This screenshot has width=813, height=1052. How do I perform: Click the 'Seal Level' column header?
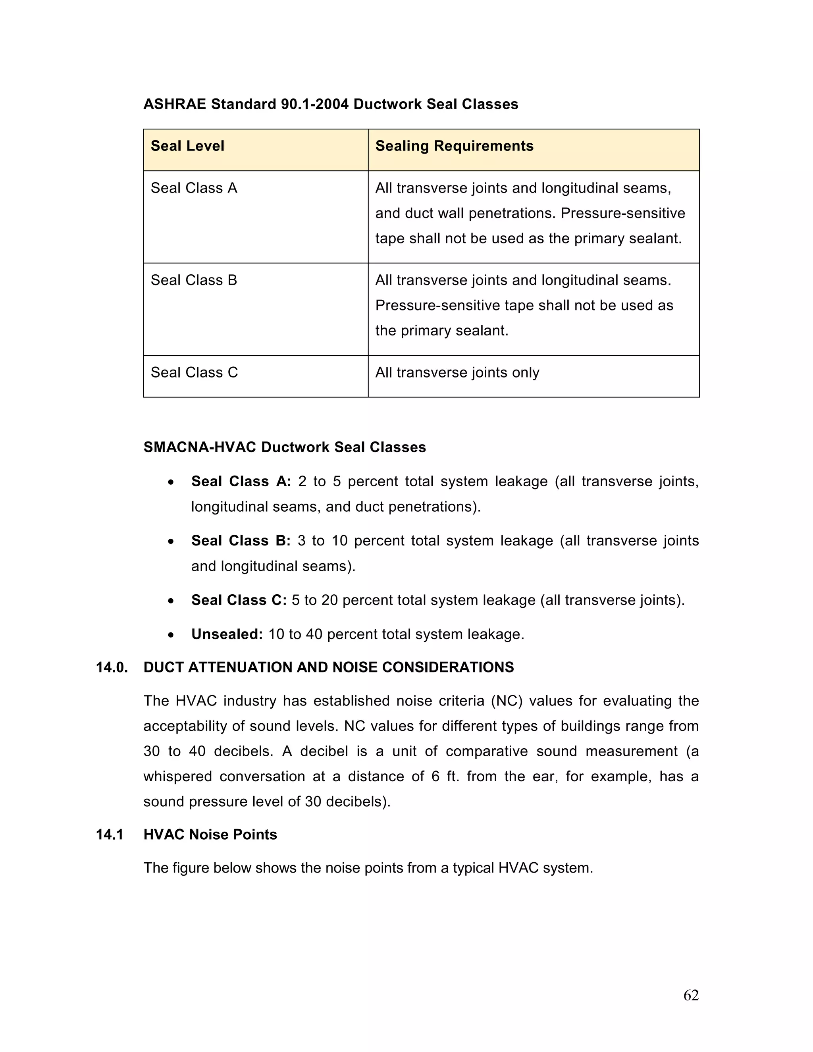click(x=187, y=146)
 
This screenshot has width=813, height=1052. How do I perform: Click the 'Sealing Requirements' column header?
click(x=454, y=146)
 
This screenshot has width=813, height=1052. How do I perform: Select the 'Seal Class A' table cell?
click(x=194, y=188)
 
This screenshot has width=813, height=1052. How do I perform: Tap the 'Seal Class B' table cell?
click(x=194, y=280)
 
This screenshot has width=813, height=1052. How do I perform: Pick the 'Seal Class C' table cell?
click(x=194, y=372)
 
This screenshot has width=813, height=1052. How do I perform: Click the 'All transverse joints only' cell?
click(x=457, y=372)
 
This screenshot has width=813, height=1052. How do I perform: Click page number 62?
click(x=691, y=995)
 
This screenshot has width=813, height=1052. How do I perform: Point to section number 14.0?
click(x=112, y=667)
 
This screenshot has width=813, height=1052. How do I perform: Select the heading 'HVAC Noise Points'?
click(x=210, y=834)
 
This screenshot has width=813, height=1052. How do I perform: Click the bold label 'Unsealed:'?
click(x=227, y=634)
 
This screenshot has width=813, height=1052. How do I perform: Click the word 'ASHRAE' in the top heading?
click(x=175, y=104)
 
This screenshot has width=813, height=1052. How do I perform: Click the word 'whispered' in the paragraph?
click(x=178, y=776)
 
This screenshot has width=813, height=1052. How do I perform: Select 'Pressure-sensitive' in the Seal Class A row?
click(x=623, y=213)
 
